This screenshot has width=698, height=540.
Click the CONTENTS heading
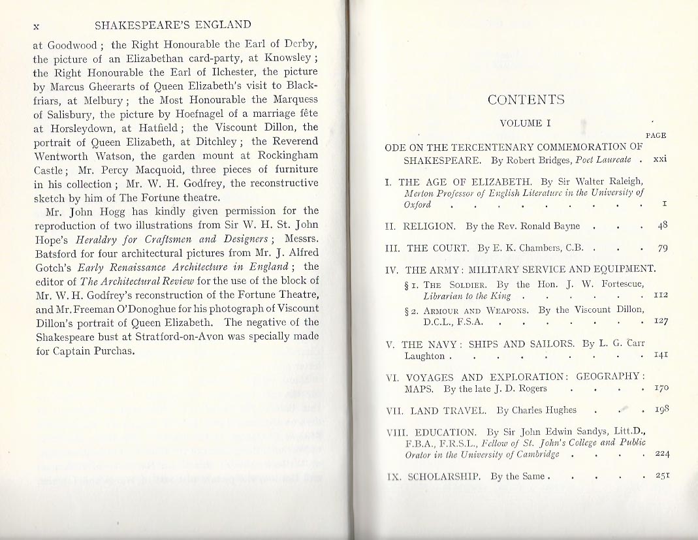click(526, 100)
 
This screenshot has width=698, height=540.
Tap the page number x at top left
click(37, 25)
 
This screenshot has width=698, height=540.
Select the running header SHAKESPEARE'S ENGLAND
click(172, 25)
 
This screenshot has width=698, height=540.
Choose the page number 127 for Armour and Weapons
click(660, 321)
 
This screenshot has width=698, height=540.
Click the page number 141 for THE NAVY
click(660, 356)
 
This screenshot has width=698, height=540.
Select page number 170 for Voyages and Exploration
click(660, 389)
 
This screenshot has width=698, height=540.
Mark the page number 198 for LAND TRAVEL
click(660, 410)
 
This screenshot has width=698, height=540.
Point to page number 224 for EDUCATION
click(660, 454)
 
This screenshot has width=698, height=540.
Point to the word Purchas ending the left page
click(119, 351)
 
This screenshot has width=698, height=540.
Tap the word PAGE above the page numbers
click(655, 135)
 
